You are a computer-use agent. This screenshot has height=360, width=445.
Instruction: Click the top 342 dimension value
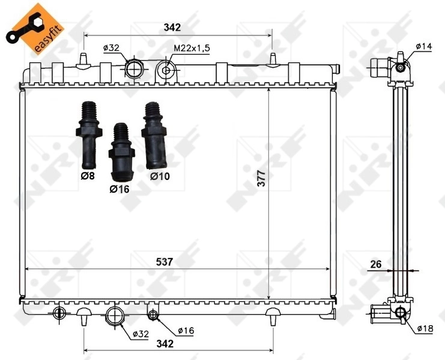(172, 27)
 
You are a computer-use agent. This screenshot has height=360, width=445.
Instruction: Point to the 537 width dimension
(165, 262)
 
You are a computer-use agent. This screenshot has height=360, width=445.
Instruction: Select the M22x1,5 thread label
(193, 47)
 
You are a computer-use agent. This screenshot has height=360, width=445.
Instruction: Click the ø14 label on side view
(425, 46)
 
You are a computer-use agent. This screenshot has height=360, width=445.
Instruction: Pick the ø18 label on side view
(425, 328)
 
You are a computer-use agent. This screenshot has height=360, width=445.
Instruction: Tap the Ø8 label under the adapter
(88, 176)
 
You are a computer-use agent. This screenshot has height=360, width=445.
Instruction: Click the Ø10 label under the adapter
(159, 176)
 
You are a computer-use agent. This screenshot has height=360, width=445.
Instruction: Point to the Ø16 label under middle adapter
(120, 188)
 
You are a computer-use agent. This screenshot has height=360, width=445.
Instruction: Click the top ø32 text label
(112, 47)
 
